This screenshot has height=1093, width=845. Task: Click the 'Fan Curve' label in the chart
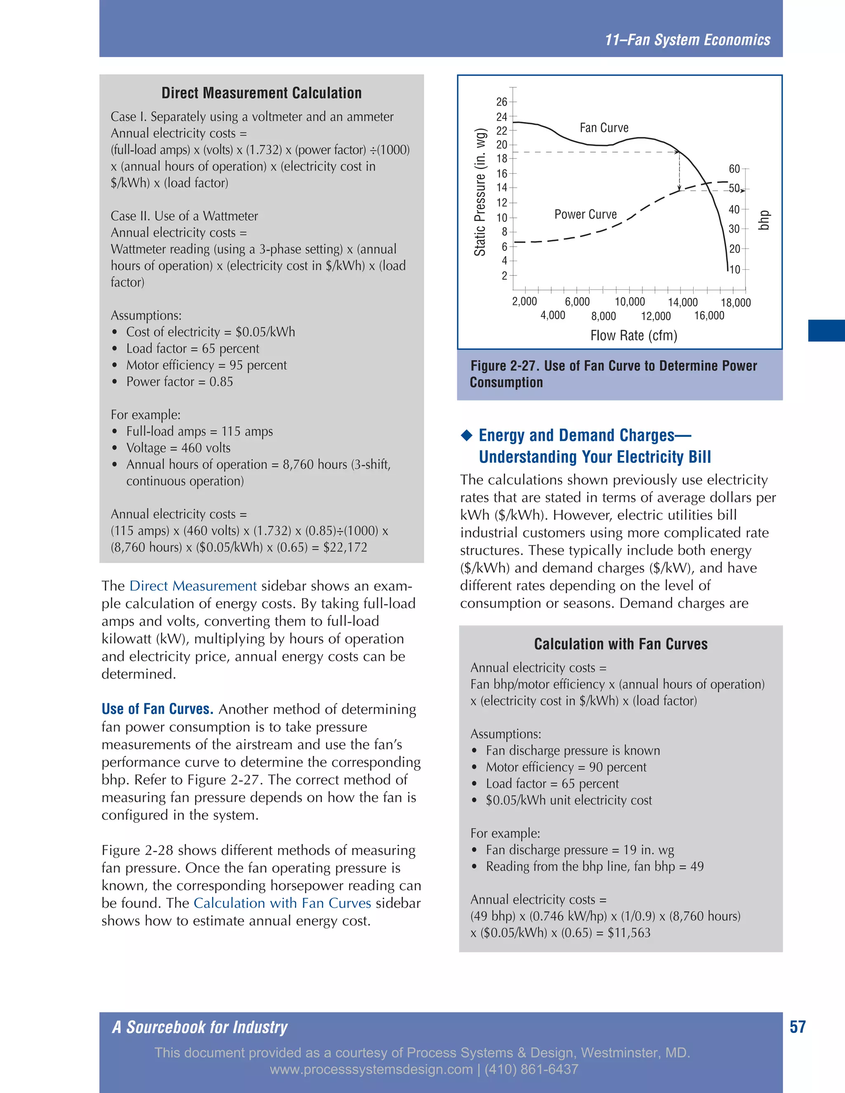click(604, 128)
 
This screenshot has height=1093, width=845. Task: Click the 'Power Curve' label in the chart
click(585, 215)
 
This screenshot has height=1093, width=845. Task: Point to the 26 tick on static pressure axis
click(502, 102)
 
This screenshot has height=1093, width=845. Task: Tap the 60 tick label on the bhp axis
click(734, 169)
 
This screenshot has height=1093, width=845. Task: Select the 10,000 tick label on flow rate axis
click(630, 302)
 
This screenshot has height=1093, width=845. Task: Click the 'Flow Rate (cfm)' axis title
click(634, 335)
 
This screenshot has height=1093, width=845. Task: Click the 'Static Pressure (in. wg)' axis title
click(480, 192)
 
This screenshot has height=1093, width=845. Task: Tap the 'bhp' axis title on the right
click(763, 220)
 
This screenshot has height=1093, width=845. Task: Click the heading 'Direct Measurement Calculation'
click(261, 93)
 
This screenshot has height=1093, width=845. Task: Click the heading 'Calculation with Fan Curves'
click(621, 644)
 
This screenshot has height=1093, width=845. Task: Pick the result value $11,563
click(629, 933)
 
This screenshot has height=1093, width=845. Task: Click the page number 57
click(798, 1027)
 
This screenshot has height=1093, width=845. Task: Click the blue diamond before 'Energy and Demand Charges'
click(467, 436)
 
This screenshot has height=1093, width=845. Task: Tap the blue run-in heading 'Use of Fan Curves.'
click(157, 709)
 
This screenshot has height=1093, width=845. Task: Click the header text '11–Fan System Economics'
click(687, 40)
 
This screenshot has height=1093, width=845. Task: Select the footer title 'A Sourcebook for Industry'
click(200, 1027)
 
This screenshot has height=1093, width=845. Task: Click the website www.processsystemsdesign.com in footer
click(371, 1069)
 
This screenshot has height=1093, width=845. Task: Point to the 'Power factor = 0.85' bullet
click(179, 382)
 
